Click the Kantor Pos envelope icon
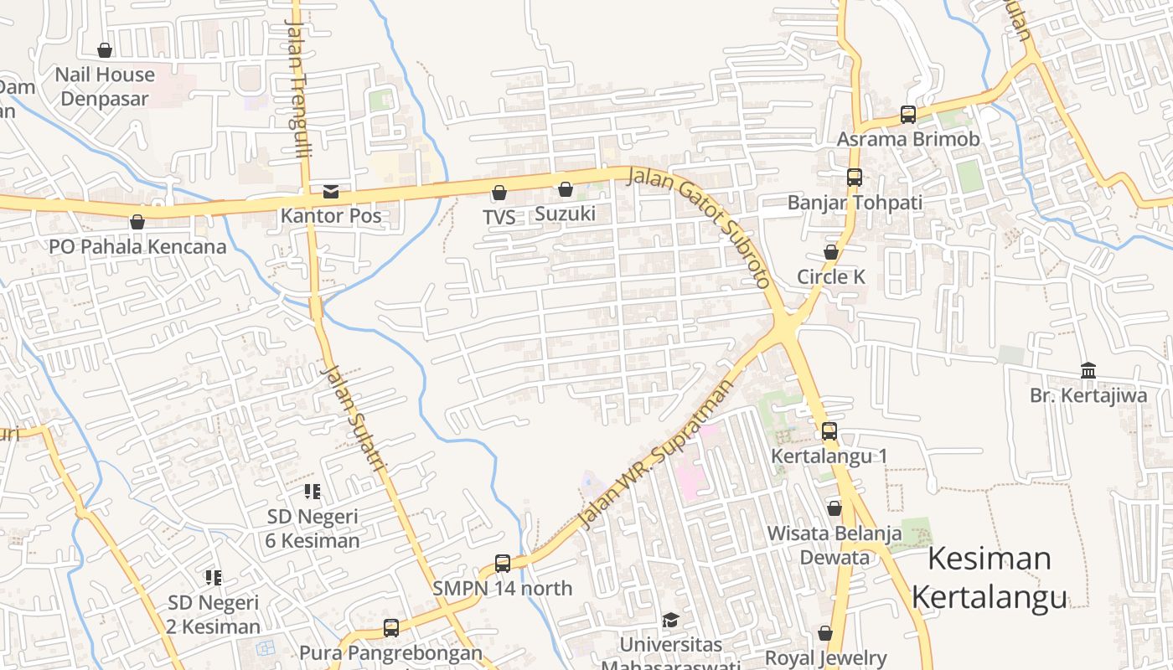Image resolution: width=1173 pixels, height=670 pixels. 331,192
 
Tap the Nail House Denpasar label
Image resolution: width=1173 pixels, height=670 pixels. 105,86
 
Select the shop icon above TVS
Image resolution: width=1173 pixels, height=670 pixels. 499,193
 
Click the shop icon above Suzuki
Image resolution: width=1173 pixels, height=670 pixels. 566,189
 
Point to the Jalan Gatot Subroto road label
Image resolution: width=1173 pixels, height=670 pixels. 700,223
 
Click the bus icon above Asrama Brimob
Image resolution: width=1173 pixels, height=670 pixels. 908,114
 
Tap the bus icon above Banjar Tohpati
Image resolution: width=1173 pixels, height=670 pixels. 855,178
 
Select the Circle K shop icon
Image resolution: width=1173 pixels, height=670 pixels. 831,252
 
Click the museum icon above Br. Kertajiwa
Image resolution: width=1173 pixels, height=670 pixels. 1088,370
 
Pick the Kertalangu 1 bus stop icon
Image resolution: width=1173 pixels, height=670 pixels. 829,431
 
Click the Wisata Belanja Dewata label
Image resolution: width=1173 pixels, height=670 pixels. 835,545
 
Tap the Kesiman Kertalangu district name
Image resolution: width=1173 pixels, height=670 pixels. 990,578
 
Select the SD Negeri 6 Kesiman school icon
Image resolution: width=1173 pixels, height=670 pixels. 313,492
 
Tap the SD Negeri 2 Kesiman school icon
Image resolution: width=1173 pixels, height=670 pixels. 214,577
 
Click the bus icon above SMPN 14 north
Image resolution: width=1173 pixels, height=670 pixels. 503,564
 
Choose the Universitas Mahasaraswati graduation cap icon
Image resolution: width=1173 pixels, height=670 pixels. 670,621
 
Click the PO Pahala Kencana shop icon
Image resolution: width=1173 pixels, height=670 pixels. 137,222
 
